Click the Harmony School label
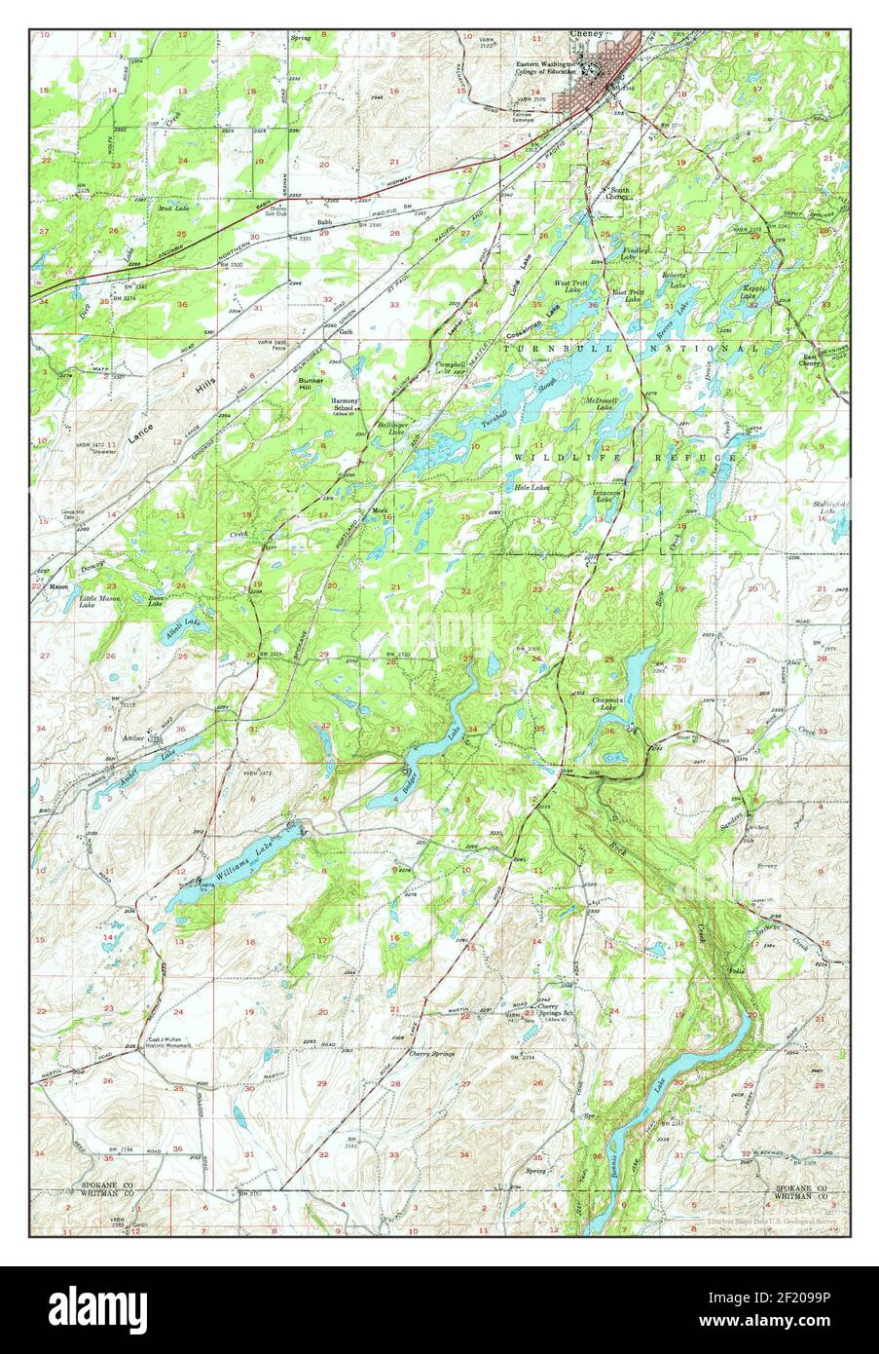(x=346, y=403)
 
